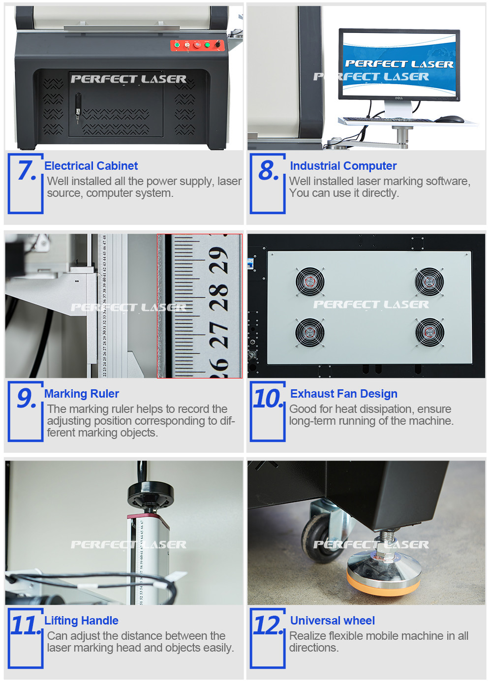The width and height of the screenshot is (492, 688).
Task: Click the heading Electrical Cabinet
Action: click(x=91, y=166)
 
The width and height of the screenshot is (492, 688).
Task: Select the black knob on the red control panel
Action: click(x=217, y=44)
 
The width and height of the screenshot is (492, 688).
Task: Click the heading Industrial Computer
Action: click(x=343, y=166)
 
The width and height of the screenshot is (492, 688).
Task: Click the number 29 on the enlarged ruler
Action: click(x=218, y=260)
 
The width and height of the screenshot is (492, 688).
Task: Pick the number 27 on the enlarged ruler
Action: click(x=218, y=335)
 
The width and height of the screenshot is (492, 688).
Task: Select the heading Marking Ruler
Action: click(x=81, y=393)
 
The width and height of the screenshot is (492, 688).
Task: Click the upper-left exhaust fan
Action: click(x=309, y=281)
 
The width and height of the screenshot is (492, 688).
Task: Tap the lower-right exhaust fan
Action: click(x=430, y=332)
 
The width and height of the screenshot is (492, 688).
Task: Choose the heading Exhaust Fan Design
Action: click(x=344, y=393)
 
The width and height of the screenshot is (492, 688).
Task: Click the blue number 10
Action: click(x=267, y=399)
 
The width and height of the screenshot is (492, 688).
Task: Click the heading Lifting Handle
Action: click(x=81, y=621)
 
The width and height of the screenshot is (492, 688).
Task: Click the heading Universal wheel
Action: click(x=332, y=621)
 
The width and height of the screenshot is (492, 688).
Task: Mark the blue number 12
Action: click(x=267, y=625)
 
